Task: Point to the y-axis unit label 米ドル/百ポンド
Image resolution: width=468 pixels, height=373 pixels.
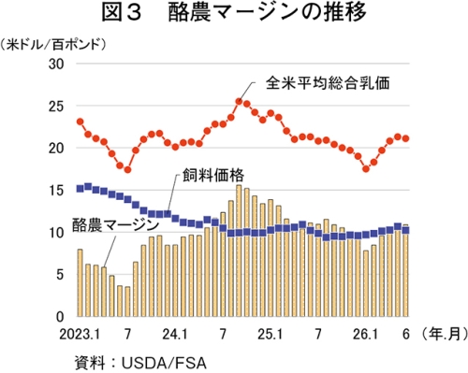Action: click(53, 45)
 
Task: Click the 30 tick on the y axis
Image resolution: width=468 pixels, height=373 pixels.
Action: click(56, 64)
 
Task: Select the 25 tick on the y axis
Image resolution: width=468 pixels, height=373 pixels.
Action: click(56, 107)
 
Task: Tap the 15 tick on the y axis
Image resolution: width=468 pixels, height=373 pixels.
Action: click(56, 191)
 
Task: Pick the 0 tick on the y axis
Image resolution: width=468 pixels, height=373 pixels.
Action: click(60, 317)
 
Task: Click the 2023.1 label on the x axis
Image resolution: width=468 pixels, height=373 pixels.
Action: click(80, 335)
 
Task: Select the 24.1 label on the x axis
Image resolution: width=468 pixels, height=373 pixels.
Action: click(175, 335)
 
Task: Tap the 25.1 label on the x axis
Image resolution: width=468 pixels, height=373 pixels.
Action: click(271, 335)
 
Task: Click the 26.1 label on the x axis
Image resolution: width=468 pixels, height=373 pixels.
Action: click(365, 335)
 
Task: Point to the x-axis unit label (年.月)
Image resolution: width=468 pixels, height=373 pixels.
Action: click(445, 335)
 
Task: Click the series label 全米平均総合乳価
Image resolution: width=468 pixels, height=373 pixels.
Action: click(328, 83)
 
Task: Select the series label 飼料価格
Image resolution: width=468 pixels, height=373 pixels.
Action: click(213, 176)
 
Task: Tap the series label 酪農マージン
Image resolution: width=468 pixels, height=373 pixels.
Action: click(116, 225)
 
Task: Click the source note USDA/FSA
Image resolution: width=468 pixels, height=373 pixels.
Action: click(164, 363)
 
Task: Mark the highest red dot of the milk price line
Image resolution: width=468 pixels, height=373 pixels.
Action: click(239, 101)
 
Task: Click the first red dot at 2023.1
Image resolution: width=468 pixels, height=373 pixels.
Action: click(80, 122)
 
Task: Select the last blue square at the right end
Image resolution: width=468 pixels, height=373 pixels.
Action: click(405, 230)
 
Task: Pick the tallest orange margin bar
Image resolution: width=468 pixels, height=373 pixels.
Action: click(239, 251)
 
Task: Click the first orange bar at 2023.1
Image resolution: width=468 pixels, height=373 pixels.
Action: click(80, 283)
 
